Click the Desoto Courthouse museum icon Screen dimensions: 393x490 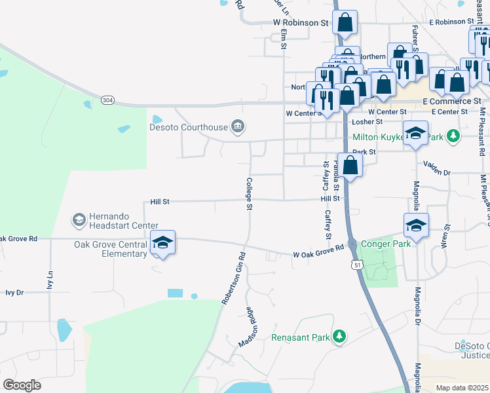pyautogui.click(x=238, y=127)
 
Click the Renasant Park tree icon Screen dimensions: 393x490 pyautogui.click(x=339, y=337)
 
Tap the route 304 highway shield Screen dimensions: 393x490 pyautogui.click(x=107, y=100)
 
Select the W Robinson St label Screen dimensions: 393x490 pyautogui.click(x=300, y=22)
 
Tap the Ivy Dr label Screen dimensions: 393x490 pyautogui.click(x=14, y=293)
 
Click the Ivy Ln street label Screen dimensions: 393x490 pyautogui.click(x=50, y=283)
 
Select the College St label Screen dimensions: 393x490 pyautogui.click(x=249, y=194)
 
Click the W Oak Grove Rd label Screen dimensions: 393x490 pyautogui.click(x=318, y=251)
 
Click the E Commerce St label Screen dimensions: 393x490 pyautogui.click(x=452, y=102)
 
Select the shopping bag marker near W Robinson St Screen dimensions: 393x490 pyautogui.click(x=345, y=23)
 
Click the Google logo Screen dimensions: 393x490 pyautogui.click(x=22, y=385)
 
